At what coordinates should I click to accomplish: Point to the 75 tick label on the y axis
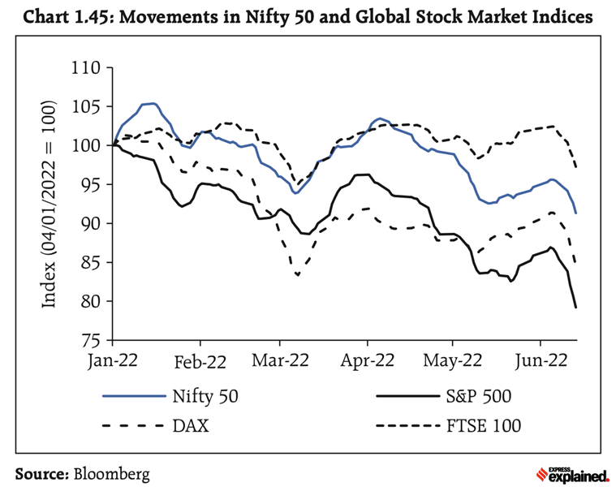[x=92, y=340]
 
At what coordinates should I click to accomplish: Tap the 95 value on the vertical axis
[x=92, y=185]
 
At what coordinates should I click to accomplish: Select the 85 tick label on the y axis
[x=92, y=263]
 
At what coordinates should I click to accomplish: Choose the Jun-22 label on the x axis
[x=541, y=361]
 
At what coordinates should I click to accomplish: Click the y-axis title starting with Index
[x=50, y=205]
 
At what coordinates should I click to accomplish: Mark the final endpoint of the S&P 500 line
[x=576, y=308]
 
